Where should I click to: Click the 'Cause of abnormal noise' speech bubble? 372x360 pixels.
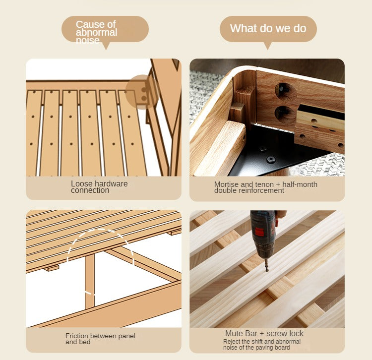click(x=105, y=29)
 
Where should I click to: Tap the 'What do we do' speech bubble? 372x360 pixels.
click(x=268, y=29)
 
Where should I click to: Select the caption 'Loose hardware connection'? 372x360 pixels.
click(x=99, y=187)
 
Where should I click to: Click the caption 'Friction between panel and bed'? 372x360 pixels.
click(x=100, y=339)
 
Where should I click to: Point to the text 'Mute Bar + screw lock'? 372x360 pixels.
click(x=264, y=333)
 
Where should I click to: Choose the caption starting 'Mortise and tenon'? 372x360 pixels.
click(x=266, y=187)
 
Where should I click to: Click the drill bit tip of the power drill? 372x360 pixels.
click(x=267, y=270)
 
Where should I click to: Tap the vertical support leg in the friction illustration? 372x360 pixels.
click(x=90, y=282)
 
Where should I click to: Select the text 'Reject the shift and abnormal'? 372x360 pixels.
click(x=262, y=342)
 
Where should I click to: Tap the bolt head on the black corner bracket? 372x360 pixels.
click(x=271, y=159)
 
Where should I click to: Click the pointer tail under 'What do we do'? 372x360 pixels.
click(x=268, y=46)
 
